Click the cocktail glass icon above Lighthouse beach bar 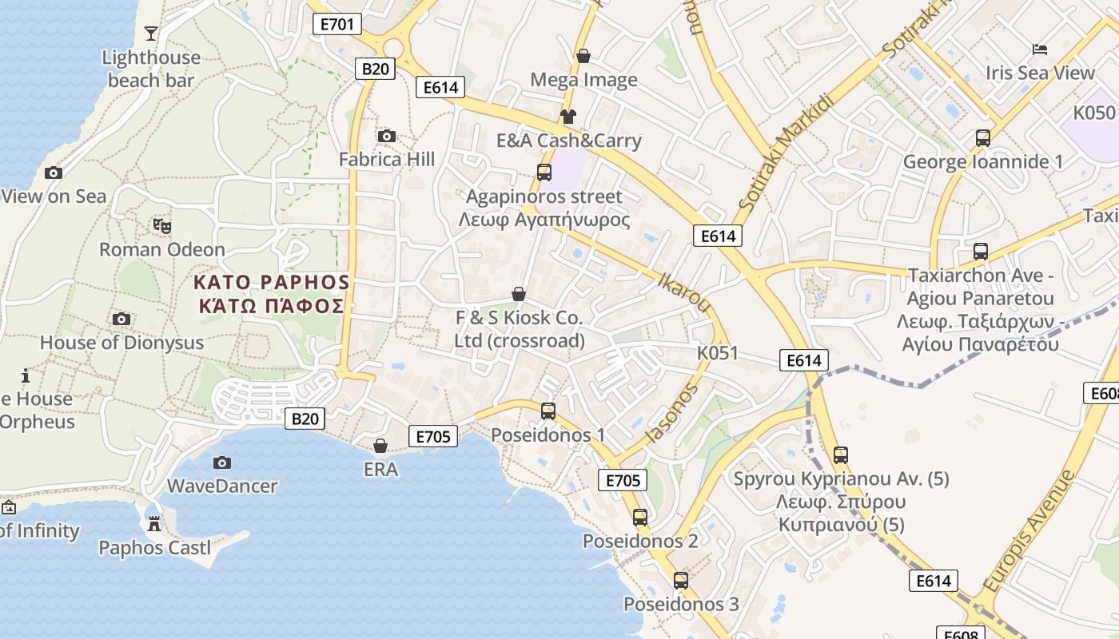(x=150, y=33)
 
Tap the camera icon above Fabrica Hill (x=386, y=137)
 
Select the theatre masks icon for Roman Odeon (x=162, y=226)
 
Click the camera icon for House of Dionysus (x=121, y=319)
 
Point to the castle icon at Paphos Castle (x=154, y=524)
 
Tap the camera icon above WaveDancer (x=222, y=462)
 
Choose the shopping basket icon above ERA (x=380, y=445)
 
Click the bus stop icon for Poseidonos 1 (x=548, y=411)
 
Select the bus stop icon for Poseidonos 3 (x=681, y=581)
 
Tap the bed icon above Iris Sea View (x=1039, y=50)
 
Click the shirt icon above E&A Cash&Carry (x=568, y=117)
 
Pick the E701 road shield (x=336, y=24)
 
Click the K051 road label (x=718, y=353)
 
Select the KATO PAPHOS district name (x=272, y=282)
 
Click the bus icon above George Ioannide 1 (x=983, y=138)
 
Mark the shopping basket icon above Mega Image (x=583, y=56)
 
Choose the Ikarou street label (x=683, y=292)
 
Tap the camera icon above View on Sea (x=54, y=173)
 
